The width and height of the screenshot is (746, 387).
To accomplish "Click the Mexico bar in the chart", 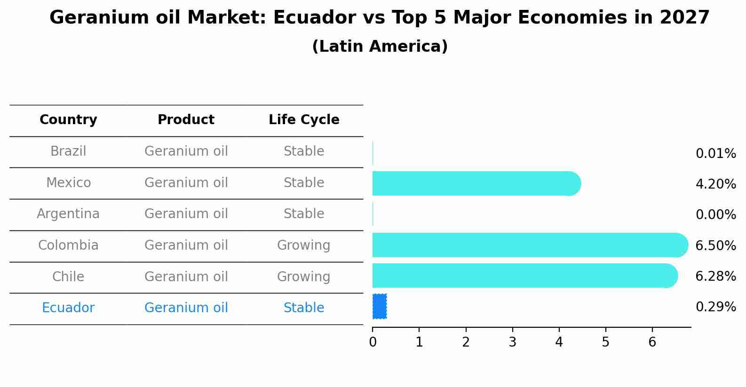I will click(x=475, y=183).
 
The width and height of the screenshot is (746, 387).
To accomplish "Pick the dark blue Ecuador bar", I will click(x=380, y=307).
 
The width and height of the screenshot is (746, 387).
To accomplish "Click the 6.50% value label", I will click(x=715, y=245).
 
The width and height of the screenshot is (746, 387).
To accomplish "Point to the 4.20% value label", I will click(x=715, y=184).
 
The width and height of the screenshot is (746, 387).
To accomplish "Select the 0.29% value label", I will click(x=715, y=307).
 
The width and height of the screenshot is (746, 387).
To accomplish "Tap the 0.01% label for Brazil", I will click(x=715, y=154).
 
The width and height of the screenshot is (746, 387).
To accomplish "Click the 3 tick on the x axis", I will click(x=512, y=342).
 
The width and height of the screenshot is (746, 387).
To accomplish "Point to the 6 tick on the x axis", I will click(x=652, y=342).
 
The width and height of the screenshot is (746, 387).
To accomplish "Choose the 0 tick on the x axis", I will click(x=373, y=342).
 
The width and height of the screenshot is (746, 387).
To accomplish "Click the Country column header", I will click(x=68, y=120).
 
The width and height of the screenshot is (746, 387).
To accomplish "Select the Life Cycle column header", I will click(x=304, y=120).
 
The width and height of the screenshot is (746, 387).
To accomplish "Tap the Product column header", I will click(x=186, y=120).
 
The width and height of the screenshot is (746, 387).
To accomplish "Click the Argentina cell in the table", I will click(x=68, y=214).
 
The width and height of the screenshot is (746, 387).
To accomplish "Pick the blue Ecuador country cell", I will click(x=68, y=308).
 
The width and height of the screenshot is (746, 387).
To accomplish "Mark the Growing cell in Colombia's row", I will click(x=303, y=245).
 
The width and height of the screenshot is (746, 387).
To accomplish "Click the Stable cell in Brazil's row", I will click(x=303, y=151).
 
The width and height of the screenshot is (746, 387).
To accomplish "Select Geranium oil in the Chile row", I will click(x=186, y=276).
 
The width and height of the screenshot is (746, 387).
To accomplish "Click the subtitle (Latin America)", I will click(x=380, y=47).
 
